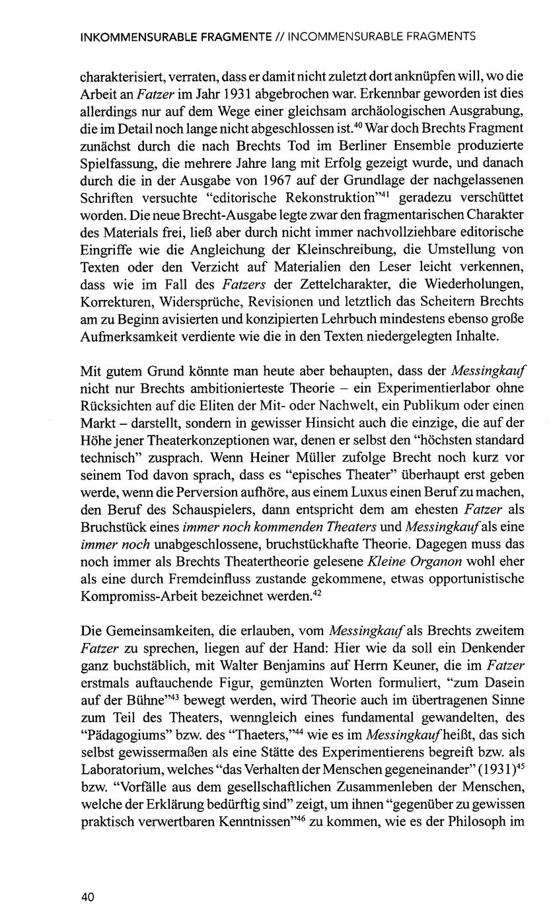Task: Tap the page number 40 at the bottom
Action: pos(87,878)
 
